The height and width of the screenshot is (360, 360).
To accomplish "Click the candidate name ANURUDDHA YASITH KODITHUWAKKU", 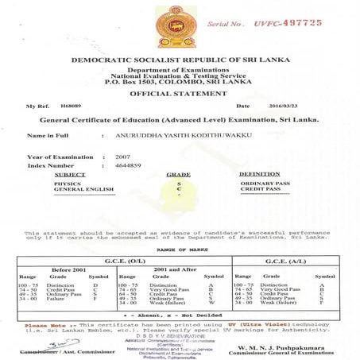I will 183,137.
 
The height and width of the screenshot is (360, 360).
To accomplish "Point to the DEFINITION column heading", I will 259,173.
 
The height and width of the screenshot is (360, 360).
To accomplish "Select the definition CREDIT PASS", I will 259,190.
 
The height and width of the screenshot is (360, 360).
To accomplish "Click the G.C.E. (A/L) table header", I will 285,260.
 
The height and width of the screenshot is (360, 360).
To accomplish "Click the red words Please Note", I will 43,325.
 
